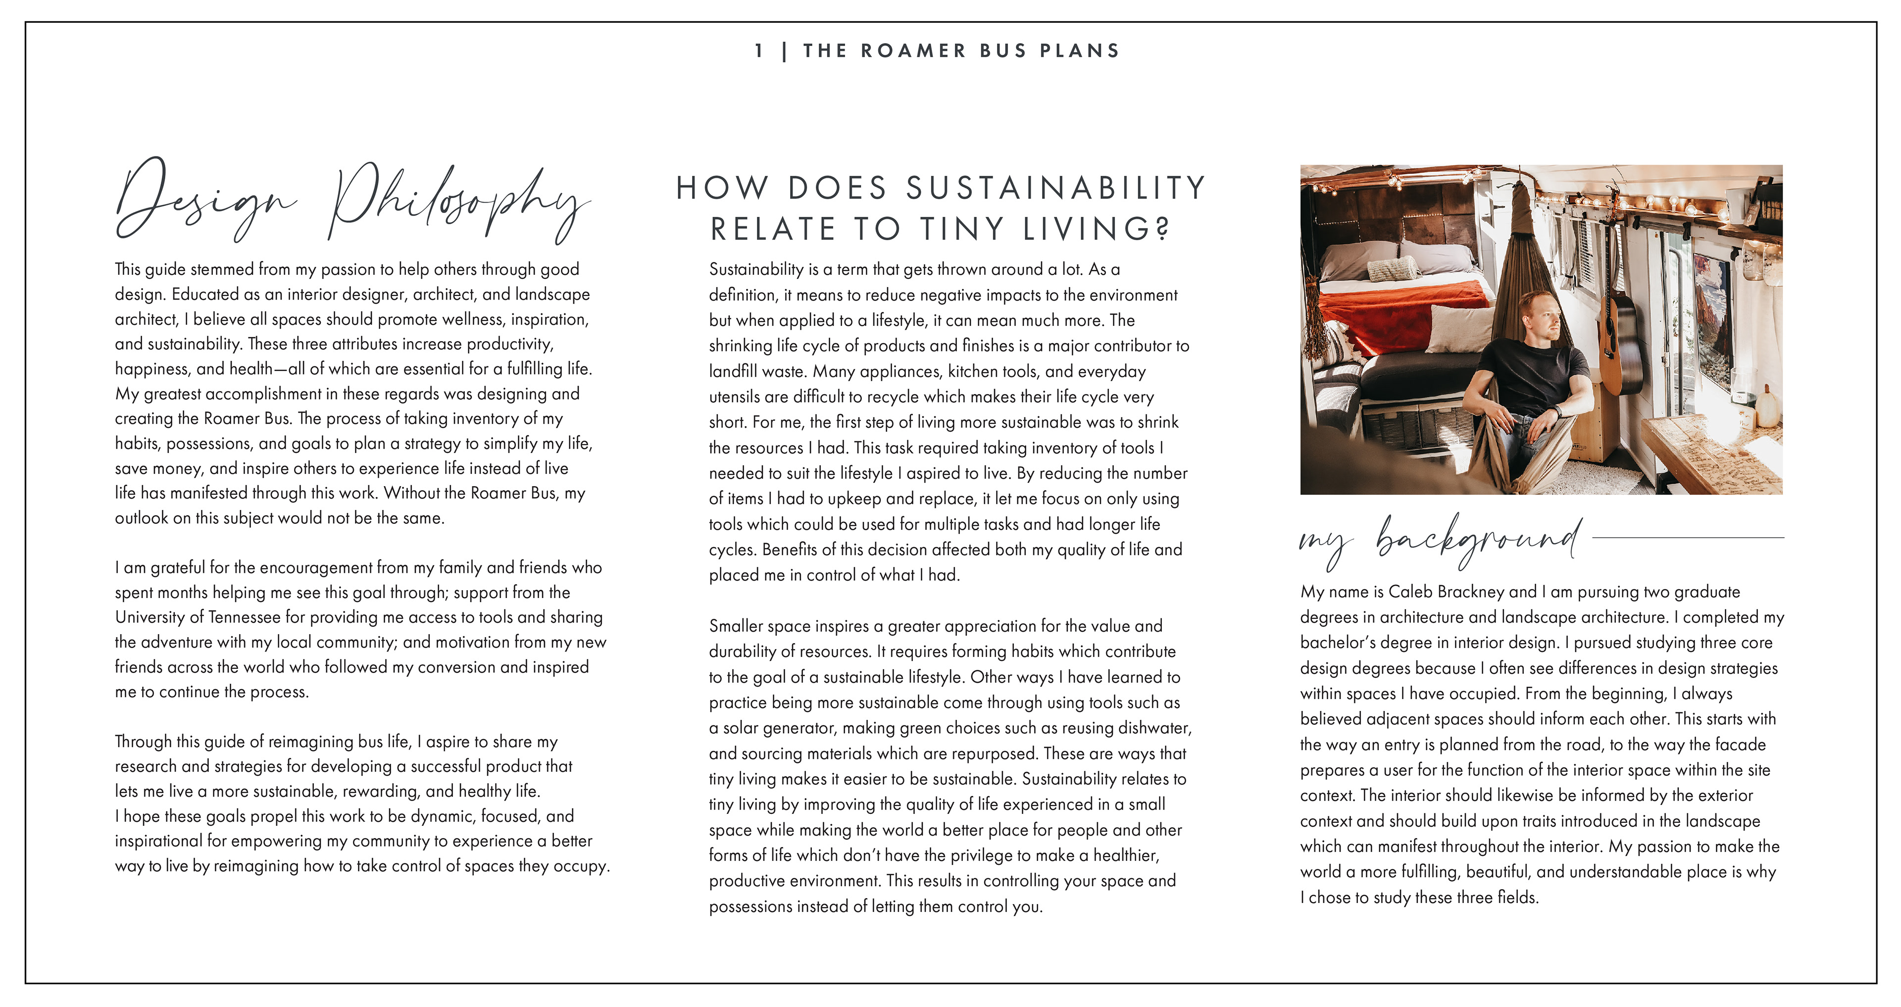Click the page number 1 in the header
(758, 51)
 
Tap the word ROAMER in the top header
(913, 51)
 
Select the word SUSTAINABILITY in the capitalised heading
(1056, 188)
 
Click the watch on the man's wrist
(1557, 410)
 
